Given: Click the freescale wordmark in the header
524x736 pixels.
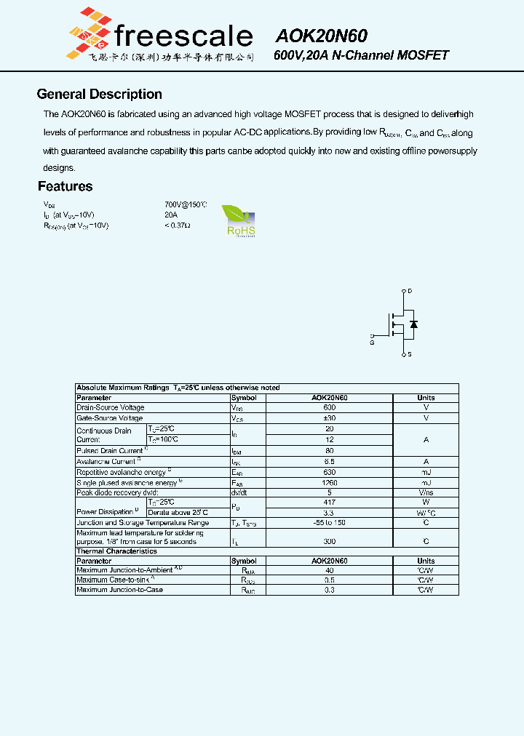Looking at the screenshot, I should [183, 36].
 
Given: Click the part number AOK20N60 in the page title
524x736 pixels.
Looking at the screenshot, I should [321, 36].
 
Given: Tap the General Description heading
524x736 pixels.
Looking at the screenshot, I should [99, 95].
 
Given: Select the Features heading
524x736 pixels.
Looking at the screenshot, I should [65, 187].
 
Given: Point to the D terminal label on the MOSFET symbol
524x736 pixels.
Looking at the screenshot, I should [410, 291].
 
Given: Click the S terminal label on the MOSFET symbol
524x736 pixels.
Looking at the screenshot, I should [410, 355].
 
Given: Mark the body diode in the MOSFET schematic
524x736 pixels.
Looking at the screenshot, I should [414, 324].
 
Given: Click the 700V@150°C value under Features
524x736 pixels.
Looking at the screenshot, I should [186, 205].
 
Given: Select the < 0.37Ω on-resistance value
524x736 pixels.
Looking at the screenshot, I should [177, 226].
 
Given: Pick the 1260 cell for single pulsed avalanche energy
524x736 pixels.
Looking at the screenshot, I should [329, 483].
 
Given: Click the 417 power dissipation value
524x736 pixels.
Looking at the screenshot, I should [329, 503].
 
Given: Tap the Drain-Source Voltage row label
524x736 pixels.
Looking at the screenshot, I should [111, 408].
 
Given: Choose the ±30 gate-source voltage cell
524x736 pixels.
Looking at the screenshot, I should [329, 419].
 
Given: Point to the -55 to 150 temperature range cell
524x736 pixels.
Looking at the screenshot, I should [329, 523].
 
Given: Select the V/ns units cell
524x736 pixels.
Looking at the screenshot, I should [426, 493].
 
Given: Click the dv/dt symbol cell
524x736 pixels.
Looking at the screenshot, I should [240, 493].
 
